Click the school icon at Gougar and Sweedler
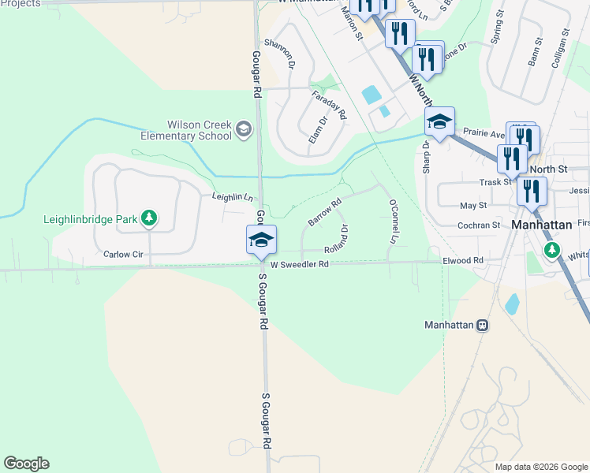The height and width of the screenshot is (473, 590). pyautogui.click(x=262, y=240)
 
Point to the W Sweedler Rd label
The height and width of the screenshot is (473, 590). pyautogui.click(x=299, y=266)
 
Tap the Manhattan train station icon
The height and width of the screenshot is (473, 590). pyautogui.click(x=482, y=325)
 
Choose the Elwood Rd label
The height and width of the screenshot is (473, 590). pyautogui.click(x=462, y=259)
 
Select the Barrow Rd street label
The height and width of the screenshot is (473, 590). pyautogui.click(x=325, y=213)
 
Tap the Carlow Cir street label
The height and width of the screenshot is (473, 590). pyautogui.click(x=121, y=255)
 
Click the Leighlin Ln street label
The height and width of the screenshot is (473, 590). pyautogui.click(x=232, y=196)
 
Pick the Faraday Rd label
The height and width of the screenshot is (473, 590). pyautogui.click(x=329, y=105)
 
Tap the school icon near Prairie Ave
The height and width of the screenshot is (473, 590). pyautogui.click(x=439, y=121)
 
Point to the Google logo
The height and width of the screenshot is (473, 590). pyautogui.click(x=26, y=464)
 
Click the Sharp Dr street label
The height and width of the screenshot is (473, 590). pyautogui.click(x=427, y=158)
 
